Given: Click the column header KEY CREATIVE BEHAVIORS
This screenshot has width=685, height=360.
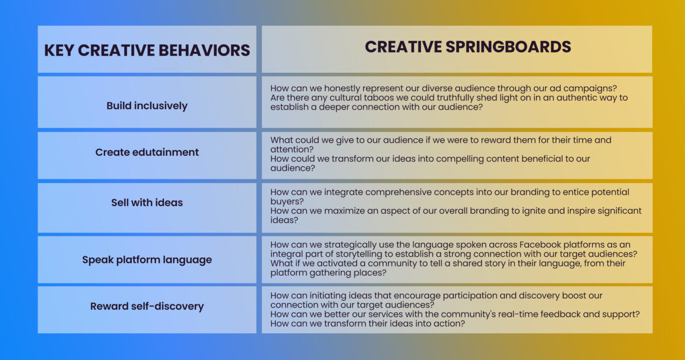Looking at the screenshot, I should point(147,50).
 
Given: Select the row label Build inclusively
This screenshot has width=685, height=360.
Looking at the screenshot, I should point(147,105).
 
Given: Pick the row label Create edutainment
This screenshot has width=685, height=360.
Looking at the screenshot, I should point(147,152).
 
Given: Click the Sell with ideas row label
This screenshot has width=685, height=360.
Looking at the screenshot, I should point(147,202).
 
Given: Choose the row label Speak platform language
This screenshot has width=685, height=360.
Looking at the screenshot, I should point(147,259).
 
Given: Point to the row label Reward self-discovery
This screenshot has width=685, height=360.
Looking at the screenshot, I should point(147,306).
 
